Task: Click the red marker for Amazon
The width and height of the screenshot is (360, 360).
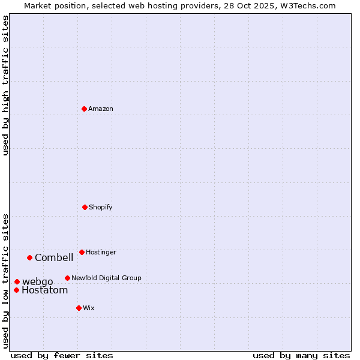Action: pos(84,109)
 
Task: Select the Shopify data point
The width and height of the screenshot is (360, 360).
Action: pos(85,207)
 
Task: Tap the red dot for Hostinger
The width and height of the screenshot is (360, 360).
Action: pos(82,252)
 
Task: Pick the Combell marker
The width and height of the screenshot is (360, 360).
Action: pos(29,257)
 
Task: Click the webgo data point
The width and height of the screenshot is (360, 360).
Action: pos(17,281)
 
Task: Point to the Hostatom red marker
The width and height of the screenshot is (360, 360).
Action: pos(16,290)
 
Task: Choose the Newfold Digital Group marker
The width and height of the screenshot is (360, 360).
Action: pos(67,278)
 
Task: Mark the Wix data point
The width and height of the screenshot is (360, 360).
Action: pos(79,308)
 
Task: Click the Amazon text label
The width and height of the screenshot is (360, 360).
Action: pos(101,109)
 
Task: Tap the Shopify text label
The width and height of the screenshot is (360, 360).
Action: pos(101,207)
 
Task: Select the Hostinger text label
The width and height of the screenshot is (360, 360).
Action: pos(101,252)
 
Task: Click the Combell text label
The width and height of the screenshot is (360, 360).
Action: pos(54,258)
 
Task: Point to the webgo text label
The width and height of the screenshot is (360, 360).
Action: pos(38,282)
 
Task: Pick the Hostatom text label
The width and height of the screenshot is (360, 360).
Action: pos(45,290)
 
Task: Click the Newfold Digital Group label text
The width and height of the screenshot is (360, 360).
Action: pos(106,278)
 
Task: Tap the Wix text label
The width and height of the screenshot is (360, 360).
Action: pos(89,308)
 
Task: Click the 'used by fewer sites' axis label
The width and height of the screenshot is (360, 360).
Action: pos(62,355)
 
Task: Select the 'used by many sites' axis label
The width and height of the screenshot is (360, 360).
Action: pos(301,355)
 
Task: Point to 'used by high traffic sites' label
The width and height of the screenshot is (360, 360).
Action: pos(5,85)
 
